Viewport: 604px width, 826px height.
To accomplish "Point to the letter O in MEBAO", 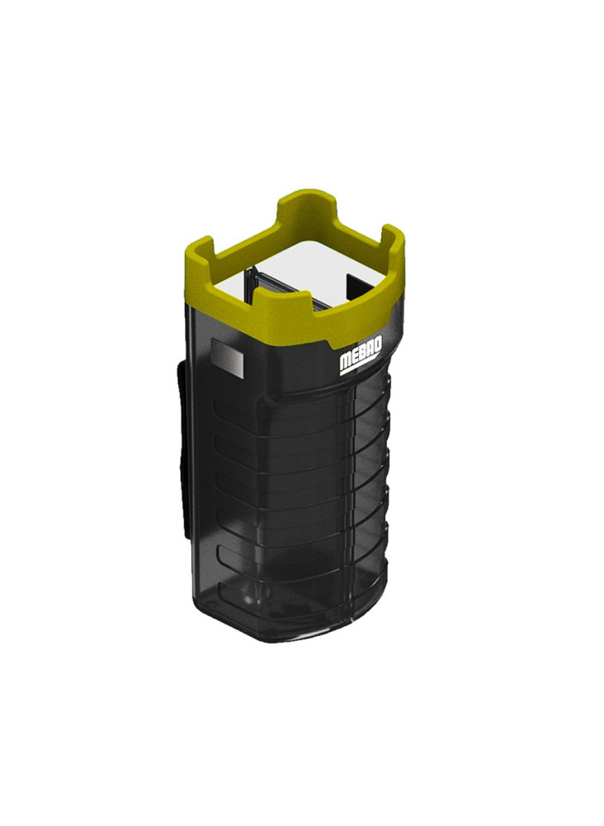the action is [x=378, y=344].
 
